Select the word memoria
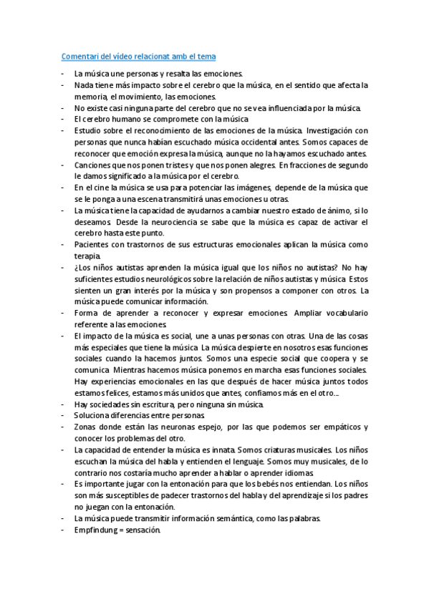pos(90,96)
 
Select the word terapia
pos(88,256)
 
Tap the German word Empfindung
pos(97,530)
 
